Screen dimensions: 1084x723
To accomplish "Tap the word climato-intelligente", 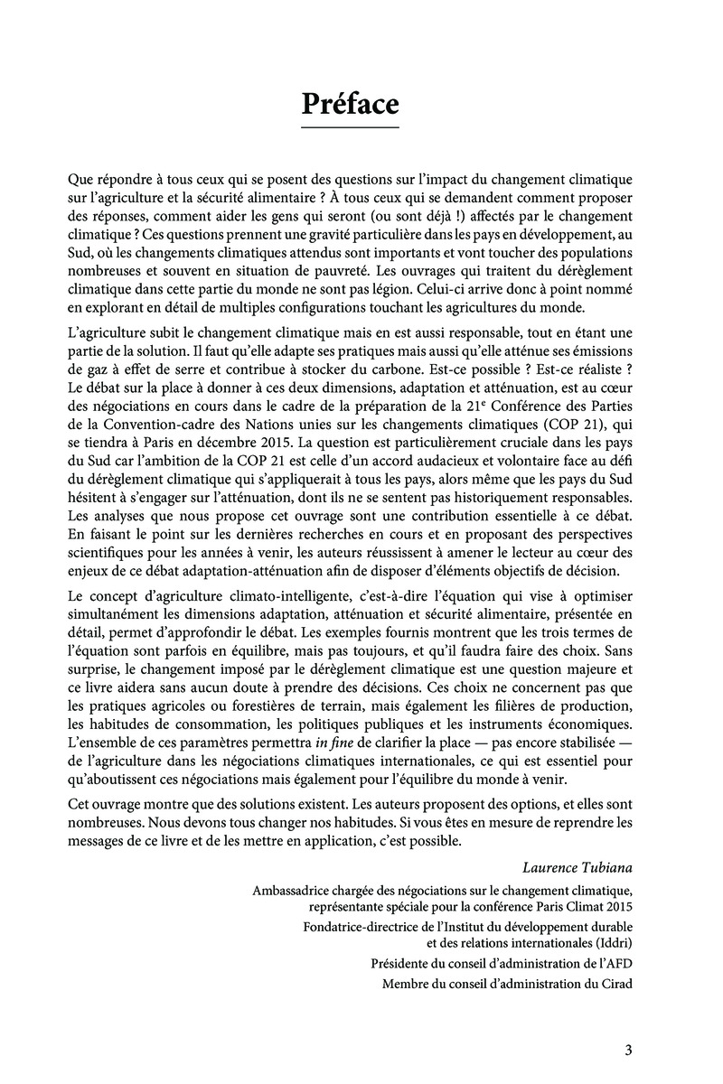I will [x=268, y=597].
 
